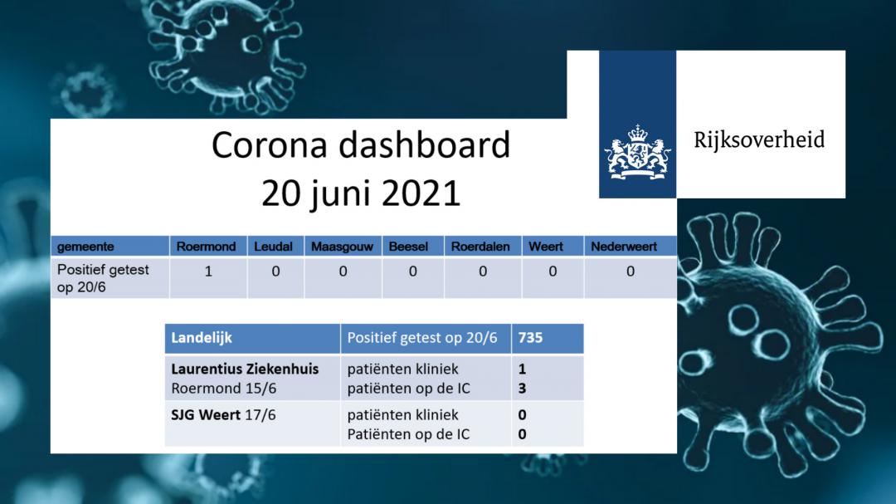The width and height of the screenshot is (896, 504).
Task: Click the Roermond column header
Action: [206, 247]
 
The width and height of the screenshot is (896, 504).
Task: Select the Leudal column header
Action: [273, 247]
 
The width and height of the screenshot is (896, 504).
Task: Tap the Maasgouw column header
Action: [342, 247]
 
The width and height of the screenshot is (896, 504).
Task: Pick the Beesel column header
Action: [408, 247]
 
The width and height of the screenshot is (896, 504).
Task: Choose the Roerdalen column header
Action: [480, 247]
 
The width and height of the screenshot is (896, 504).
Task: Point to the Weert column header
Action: [546, 247]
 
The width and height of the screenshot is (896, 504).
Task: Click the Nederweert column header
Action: [623, 247]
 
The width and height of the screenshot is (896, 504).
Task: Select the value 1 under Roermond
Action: [208, 272]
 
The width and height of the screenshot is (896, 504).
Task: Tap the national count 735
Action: [530, 338]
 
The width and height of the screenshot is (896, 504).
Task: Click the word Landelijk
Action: [202, 338]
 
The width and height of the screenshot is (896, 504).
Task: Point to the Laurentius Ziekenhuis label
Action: [245, 369]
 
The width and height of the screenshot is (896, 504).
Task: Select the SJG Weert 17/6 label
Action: [223, 415]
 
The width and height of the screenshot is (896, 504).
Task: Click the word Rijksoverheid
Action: [759, 140]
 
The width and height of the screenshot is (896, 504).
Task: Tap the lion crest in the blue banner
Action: [638, 153]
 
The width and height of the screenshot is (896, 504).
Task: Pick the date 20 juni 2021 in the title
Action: [361, 193]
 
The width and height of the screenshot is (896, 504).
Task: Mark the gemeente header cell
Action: [85, 247]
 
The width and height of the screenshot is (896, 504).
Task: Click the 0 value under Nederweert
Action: [631, 272]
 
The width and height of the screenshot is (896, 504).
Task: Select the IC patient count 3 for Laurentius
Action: [522, 389]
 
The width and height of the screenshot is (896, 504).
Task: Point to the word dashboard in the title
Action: [424, 144]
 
